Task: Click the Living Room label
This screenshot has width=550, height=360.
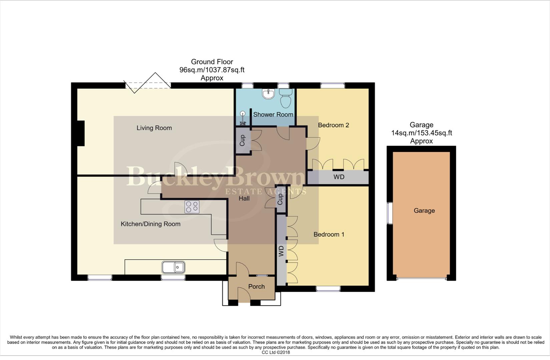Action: point(154,128)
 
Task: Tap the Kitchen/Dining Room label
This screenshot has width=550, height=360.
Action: point(150,224)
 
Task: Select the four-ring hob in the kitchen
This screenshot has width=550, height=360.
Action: point(192,207)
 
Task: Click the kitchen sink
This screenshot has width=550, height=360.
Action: point(173,267)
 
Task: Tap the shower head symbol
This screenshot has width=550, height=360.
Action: point(243,118)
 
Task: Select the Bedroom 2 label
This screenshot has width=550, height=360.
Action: point(333,125)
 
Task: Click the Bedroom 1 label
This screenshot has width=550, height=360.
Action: point(329,235)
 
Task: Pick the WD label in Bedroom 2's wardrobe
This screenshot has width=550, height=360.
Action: point(339,177)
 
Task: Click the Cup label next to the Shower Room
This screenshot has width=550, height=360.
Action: point(242,140)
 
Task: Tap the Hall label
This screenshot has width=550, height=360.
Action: point(244,199)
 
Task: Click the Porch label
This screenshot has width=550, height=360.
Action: point(256,287)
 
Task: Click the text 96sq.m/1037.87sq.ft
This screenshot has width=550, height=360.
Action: point(212,70)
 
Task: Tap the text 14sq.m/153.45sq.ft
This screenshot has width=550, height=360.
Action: point(421,133)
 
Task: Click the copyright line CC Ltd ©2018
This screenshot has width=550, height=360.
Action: point(276,352)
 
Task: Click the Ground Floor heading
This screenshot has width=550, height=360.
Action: point(212,62)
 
